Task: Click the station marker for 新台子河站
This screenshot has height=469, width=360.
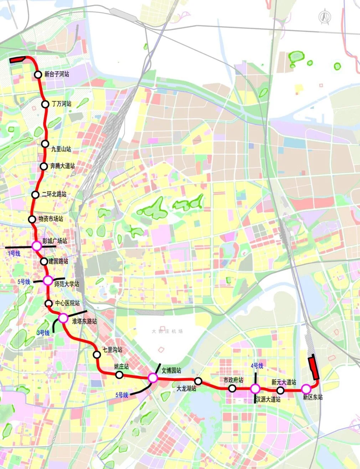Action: [38, 75]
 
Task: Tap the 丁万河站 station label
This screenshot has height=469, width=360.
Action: [61, 104]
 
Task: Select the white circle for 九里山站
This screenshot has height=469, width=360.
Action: [45, 144]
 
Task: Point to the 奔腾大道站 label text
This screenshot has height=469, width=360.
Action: [62, 166]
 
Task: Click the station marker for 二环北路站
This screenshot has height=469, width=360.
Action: [35, 194]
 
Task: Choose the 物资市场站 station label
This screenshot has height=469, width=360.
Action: [51, 219]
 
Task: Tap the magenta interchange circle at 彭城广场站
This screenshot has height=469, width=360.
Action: [37, 246]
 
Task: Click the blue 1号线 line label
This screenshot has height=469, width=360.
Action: [14, 254]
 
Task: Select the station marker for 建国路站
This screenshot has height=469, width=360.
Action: [44, 261]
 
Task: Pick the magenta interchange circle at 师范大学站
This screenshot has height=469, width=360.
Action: [48, 281]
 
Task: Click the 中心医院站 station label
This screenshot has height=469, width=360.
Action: [67, 303]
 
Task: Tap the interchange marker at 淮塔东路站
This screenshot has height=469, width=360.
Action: [63, 318]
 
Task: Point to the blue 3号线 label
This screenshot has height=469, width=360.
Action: [43, 333]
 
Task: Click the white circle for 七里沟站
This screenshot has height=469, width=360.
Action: [97, 355]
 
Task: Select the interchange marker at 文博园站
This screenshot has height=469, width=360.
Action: [153, 378]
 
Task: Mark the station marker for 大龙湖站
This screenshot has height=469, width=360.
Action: [198, 381]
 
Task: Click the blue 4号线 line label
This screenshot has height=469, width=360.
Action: [257, 366]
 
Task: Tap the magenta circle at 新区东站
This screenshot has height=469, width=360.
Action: [306, 389]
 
